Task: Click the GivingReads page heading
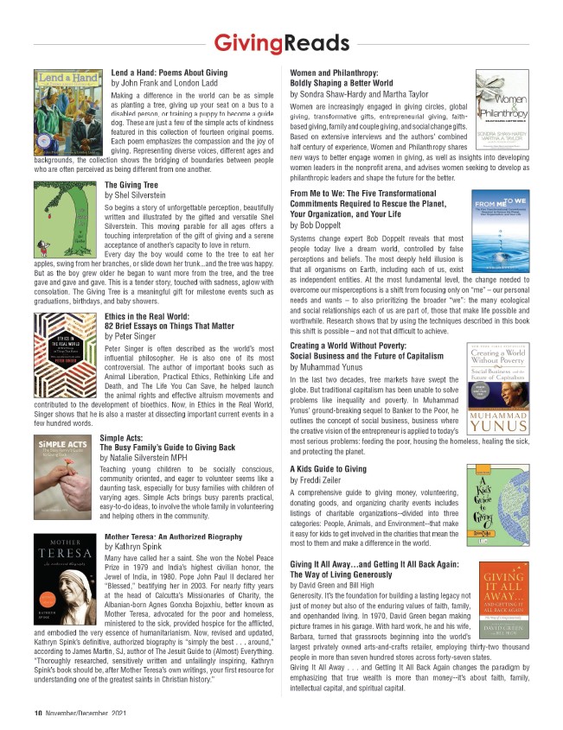[281, 42]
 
